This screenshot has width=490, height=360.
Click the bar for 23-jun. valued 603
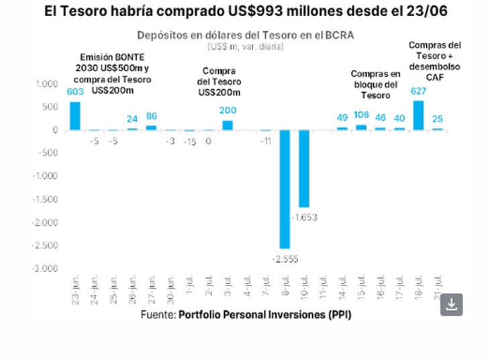click(75, 116)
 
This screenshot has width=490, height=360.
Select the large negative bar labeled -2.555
click(285, 189)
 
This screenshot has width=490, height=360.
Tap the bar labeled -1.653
click(304, 168)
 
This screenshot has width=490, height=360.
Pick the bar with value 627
click(418, 115)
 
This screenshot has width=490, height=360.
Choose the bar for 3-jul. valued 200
click(228, 125)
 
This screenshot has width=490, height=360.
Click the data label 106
click(362, 115)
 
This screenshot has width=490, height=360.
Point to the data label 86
click(152, 116)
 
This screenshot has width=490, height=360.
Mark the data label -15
click(190, 141)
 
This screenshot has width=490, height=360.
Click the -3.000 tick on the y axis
click(46, 269)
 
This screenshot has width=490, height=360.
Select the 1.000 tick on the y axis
click(48, 84)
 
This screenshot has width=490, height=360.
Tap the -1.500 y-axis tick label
click(46, 199)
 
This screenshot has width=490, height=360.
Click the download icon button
click(452, 304)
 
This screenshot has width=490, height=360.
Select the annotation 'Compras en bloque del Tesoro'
click(375, 84)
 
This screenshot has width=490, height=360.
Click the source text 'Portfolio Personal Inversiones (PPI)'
click(264, 314)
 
